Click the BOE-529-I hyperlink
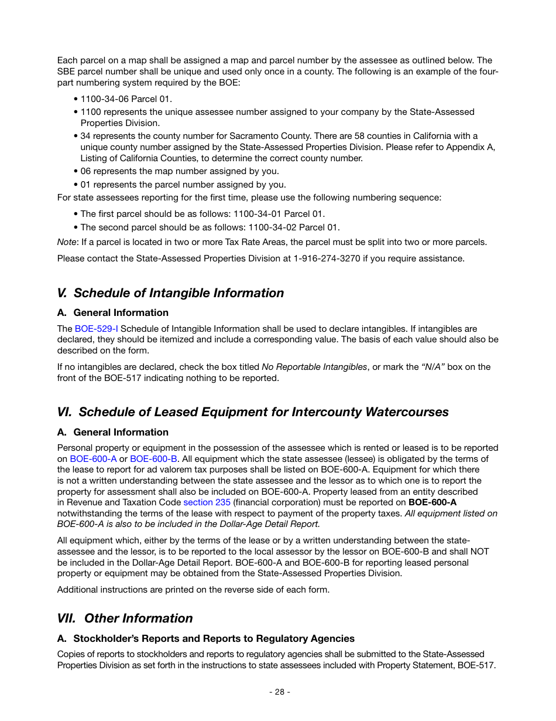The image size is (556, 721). coord(96,329)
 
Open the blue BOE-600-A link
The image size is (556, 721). coord(93,459)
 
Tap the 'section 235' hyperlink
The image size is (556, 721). coord(207,502)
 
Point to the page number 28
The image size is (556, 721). coord(279,692)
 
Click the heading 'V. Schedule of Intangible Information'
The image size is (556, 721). coord(170,293)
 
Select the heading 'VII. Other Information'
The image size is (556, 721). coord(125,618)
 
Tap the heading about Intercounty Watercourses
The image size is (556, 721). coord(253,412)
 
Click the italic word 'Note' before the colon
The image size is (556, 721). coord(66,242)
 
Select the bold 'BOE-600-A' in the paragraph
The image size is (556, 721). coord(432,502)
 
